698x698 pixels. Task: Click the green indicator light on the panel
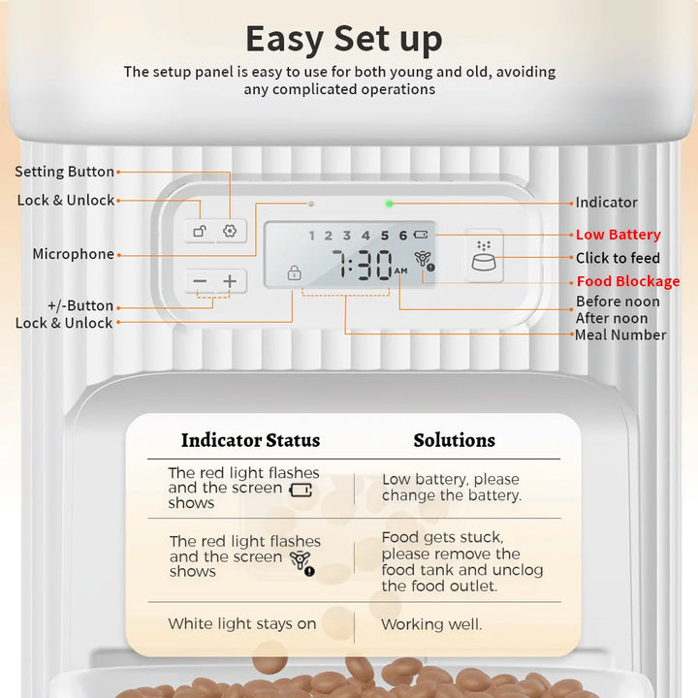click(389, 204)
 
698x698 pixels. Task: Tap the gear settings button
click(230, 231)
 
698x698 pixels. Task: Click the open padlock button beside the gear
click(200, 231)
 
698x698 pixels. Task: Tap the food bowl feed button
click(484, 256)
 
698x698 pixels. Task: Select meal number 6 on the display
click(403, 236)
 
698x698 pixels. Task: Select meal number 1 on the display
click(311, 236)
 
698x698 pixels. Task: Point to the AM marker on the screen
click(400, 270)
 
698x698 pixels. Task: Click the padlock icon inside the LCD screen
click(295, 272)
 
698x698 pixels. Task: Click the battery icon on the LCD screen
click(421, 235)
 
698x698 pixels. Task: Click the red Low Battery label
click(618, 235)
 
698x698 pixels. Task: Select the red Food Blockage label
click(628, 281)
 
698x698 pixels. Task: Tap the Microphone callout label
click(74, 254)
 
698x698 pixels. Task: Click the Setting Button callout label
click(65, 172)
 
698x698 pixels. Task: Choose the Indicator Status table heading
click(251, 440)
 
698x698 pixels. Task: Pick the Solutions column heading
click(454, 440)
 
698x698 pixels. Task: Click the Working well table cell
click(431, 624)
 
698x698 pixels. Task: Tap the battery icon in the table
click(301, 491)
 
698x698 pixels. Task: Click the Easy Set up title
click(343, 39)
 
